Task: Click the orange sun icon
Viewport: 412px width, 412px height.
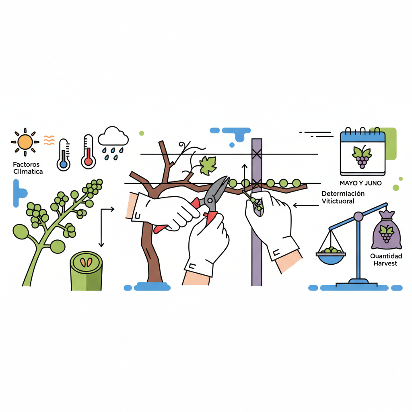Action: pyautogui.click(x=25, y=142)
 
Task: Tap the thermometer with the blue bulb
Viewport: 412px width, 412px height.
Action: pyautogui.click(x=63, y=155)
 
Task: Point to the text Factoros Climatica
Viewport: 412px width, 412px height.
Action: pyautogui.click(x=28, y=168)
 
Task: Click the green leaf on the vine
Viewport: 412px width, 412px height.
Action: pyautogui.click(x=208, y=165)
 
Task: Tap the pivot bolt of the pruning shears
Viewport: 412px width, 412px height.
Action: pyautogui.click(x=210, y=201)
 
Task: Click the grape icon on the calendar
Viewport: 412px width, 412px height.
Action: pyautogui.click(x=362, y=157)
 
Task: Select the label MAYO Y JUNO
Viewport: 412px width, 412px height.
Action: pyautogui.click(x=360, y=183)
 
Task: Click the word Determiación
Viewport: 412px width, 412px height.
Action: pyautogui.click(x=343, y=194)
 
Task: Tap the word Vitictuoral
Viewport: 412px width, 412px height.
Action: pyautogui.click(x=338, y=201)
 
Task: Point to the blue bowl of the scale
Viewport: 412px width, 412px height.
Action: pyautogui.click(x=331, y=259)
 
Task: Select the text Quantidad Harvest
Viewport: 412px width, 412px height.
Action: pyautogui.click(x=386, y=260)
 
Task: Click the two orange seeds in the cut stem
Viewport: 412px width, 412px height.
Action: pyautogui.click(x=86, y=262)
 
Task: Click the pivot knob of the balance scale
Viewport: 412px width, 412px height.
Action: pyautogui.click(x=358, y=217)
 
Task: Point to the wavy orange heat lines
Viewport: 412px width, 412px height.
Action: pyautogui.click(x=49, y=140)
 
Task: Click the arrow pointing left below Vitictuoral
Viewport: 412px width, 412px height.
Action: pyautogui.click(x=306, y=205)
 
